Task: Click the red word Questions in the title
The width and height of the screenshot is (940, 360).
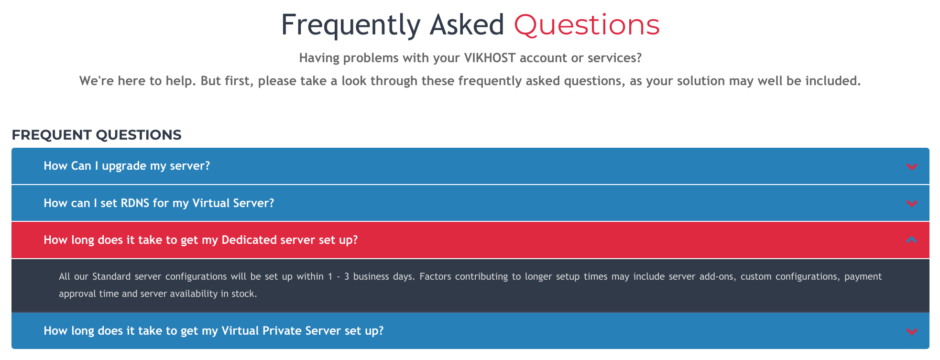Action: tap(587, 25)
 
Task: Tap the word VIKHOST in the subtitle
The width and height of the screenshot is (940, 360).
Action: tap(490, 58)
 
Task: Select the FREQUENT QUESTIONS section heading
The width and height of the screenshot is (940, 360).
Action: tap(97, 135)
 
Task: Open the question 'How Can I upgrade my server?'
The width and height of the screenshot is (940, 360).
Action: tap(127, 166)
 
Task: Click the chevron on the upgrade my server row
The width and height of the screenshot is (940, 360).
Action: tap(912, 166)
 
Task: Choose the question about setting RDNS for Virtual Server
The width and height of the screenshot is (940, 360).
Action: tap(159, 203)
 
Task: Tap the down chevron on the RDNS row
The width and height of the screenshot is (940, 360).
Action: tap(912, 204)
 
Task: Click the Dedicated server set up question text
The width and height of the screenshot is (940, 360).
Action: tap(201, 240)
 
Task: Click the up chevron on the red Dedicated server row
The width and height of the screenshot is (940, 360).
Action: tap(912, 240)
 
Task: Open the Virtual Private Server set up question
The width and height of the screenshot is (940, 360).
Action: tap(214, 331)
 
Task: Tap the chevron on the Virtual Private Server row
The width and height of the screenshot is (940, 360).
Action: tap(912, 331)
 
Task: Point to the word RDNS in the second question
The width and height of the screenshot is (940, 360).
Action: tap(135, 203)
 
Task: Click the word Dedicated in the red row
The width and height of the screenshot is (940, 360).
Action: tap(249, 240)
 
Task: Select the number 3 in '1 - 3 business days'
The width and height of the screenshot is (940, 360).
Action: tap(347, 277)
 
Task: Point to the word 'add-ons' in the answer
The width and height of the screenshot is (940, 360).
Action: tap(717, 277)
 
